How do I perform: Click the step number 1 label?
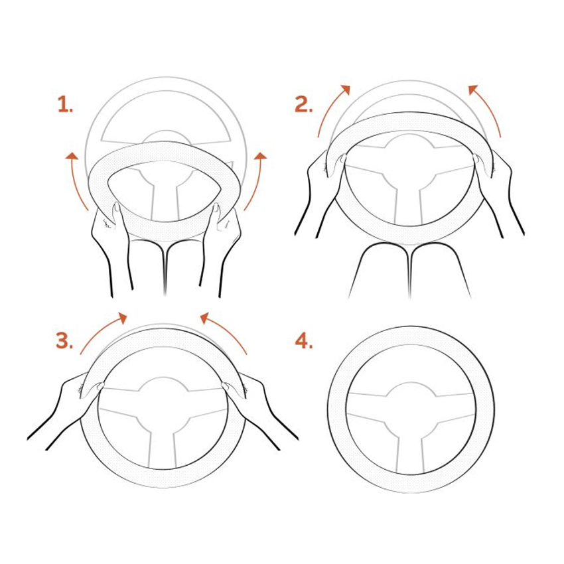coord(65,105)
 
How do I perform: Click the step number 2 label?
coord(304,104)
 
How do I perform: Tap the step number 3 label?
coord(64,340)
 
